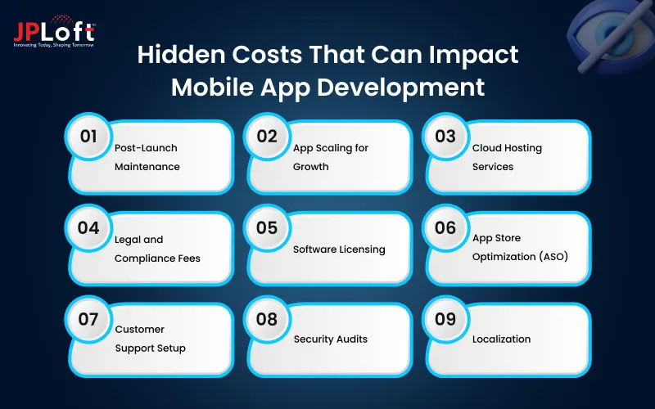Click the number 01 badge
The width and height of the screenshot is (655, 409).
coord(88,137)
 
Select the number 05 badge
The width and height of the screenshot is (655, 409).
coord(267,228)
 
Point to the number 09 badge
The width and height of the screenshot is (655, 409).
coord(445,319)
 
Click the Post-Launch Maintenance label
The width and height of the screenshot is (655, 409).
coord(147,157)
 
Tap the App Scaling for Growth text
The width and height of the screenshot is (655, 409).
coord(331,157)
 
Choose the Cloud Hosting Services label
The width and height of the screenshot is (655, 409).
coord(507,157)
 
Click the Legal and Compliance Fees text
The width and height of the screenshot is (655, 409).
coord(157,249)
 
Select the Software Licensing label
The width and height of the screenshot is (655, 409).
coord(339,249)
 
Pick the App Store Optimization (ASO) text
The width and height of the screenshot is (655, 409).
coord(520,247)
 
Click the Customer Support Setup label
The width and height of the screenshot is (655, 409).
coord(150,339)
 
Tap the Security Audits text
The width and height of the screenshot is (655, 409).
coord(331,339)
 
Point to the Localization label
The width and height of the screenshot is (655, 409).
coord(501,339)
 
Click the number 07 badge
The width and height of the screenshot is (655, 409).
coord(88,319)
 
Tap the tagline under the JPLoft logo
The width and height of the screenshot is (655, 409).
coord(53,44)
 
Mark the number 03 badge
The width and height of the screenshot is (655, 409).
coord(445,137)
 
